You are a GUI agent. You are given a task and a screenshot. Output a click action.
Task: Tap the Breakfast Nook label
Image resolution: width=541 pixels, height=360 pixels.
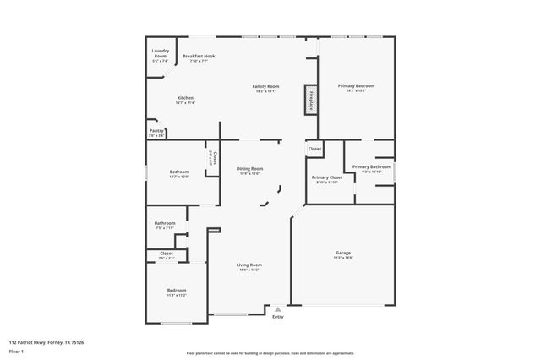click(x=199, y=56)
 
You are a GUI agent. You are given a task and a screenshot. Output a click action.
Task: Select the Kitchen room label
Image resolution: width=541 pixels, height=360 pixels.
click(x=185, y=98)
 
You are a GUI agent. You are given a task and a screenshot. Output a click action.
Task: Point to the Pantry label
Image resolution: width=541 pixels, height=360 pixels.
click(x=156, y=131)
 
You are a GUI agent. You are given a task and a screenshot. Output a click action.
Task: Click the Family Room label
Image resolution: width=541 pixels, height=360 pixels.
click(x=266, y=86)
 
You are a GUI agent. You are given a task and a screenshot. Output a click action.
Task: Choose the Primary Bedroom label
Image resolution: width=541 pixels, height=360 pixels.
click(x=356, y=86)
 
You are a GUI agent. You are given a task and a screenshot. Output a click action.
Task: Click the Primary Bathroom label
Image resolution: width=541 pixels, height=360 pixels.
click(x=372, y=167)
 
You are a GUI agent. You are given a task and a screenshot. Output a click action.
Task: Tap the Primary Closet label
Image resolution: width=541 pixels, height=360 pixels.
click(x=326, y=177)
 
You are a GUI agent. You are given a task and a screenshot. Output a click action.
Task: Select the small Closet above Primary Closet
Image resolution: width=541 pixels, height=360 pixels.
click(x=314, y=149)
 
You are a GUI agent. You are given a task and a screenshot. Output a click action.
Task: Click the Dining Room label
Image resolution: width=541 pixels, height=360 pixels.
click(x=250, y=168)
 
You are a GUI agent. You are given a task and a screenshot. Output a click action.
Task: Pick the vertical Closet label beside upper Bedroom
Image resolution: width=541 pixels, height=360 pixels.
click(x=215, y=157)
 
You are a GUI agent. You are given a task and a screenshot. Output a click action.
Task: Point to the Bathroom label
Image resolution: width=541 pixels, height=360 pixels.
click(x=165, y=223)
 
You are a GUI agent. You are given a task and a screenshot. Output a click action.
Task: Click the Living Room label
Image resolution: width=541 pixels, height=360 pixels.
click(x=249, y=265)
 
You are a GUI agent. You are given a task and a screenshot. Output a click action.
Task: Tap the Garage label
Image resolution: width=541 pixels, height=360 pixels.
click(x=343, y=253)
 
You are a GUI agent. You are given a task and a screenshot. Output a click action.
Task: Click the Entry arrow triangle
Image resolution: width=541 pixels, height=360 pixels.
click(x=278, y=309)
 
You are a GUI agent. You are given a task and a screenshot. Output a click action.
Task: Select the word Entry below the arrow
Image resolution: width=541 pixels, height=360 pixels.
click(x=278, y=317)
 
